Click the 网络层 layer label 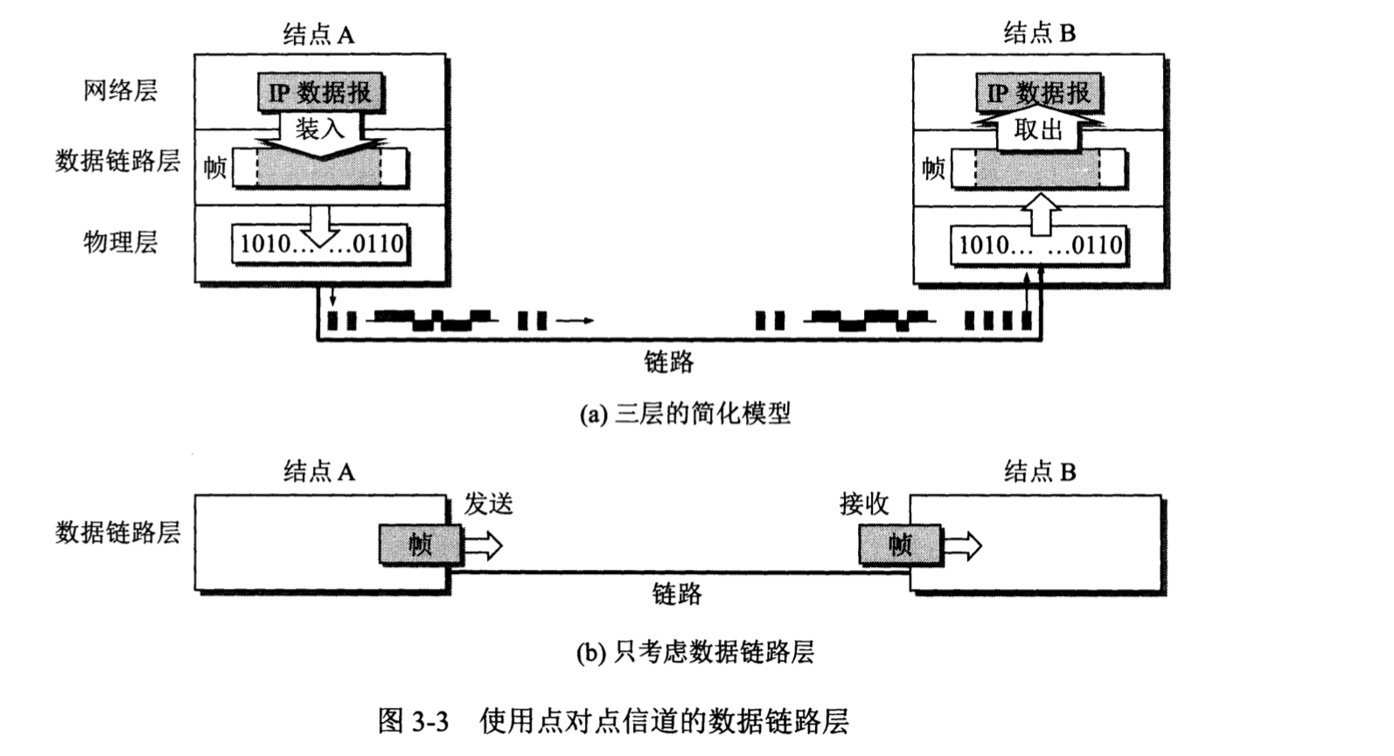pyautogui.click(x=121, y=91)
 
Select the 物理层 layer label pyautogui.click(x=121, y=242)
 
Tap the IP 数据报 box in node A pyautogui.click(x=320, y=92)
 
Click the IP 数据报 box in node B pyautogui.click(x=1039, y=93)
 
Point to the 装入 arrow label pyautogui.click(x=320, y=129)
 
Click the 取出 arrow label pyautogui.click(x=1038, y=130)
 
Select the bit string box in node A pyautogui.click(x=321, y=244)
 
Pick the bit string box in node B pyautogui.click(x=1039, y=245)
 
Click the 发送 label pyautogui.click(x=488, y=504)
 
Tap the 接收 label pyautogui.click(x=864, y=503)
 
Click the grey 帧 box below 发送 pyautogui.click(x=420, y=544)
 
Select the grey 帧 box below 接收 pyautogui.click(x=900, y=544)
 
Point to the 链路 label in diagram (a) pyautogui.click(x=669, y=362)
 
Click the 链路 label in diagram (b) pyautogui.click(x=677, y=594)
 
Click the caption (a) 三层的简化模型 pyautogui.click(x=685, y=413)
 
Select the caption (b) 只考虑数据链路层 pyautogui.click(x=695, y=652)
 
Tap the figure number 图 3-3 pyautogui.click(x=413, y=721)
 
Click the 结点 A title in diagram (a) pyautogui.click(x=319, y=34)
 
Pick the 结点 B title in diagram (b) pyautogui.click(x=1040, y=472)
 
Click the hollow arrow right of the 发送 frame pyautogui.click(x=483, y=546)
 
